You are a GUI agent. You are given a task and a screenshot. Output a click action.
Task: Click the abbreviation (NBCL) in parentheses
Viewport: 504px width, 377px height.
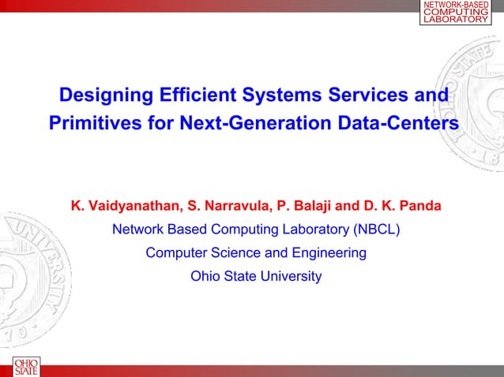coord(375,230)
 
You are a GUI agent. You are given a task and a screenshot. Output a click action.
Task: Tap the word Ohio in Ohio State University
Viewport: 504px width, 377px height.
coord(205,277)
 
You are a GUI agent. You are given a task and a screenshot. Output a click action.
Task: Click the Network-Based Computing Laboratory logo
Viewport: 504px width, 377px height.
coord(457,13)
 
